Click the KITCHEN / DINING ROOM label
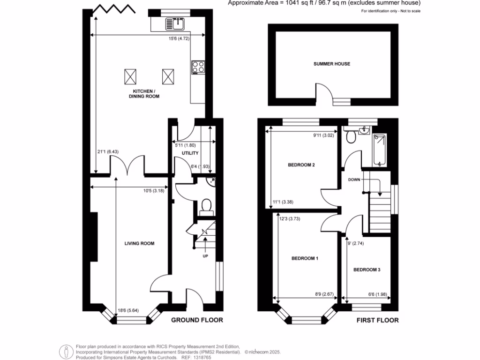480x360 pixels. point(146,93)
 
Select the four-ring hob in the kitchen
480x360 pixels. point(198,67)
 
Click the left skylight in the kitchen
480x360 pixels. point(130,75)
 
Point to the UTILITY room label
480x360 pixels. point(190,153)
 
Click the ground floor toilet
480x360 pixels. point(205,207)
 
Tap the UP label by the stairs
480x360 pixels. point(205,256)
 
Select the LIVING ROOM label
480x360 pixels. point(139,243)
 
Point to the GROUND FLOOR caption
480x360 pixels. point(196,320)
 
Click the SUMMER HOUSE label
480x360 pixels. point(332,64)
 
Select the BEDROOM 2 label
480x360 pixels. point(301,165)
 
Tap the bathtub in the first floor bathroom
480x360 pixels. point(379,150)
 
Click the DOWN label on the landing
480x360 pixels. point(354,180)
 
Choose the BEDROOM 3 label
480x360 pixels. point(367,270)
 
